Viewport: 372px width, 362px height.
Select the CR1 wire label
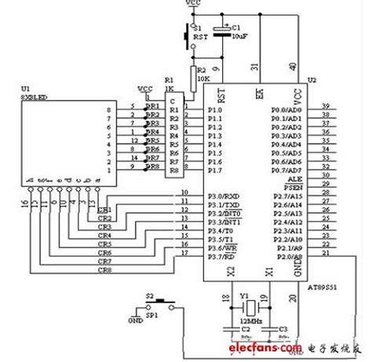[104, 210]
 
